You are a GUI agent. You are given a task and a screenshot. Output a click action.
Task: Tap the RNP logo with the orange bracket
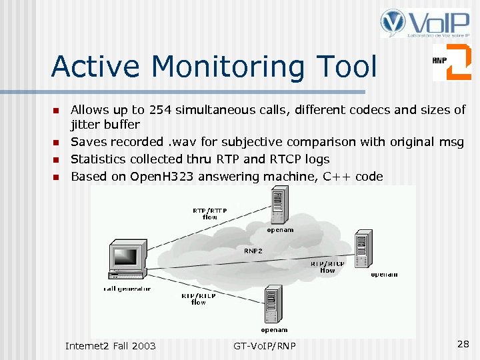451,62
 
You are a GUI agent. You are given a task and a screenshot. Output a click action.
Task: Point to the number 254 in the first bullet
161,110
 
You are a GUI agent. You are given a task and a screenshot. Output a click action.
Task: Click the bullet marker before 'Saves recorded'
57,143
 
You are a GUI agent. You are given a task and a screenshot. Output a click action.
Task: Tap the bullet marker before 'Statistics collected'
57,160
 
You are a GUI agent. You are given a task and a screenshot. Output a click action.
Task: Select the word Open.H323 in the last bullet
166,177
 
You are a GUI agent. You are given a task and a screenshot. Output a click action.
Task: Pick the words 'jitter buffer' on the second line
105,125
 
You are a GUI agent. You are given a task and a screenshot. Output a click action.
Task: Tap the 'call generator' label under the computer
127,289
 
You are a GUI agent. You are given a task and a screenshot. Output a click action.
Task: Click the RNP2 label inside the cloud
253,251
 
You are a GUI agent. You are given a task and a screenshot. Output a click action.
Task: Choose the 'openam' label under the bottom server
274,329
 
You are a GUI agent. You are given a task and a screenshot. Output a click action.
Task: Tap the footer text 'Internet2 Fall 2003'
111,345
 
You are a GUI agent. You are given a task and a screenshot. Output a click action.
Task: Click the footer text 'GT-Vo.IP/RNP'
265,345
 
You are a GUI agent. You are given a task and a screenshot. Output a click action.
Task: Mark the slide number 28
463,343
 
